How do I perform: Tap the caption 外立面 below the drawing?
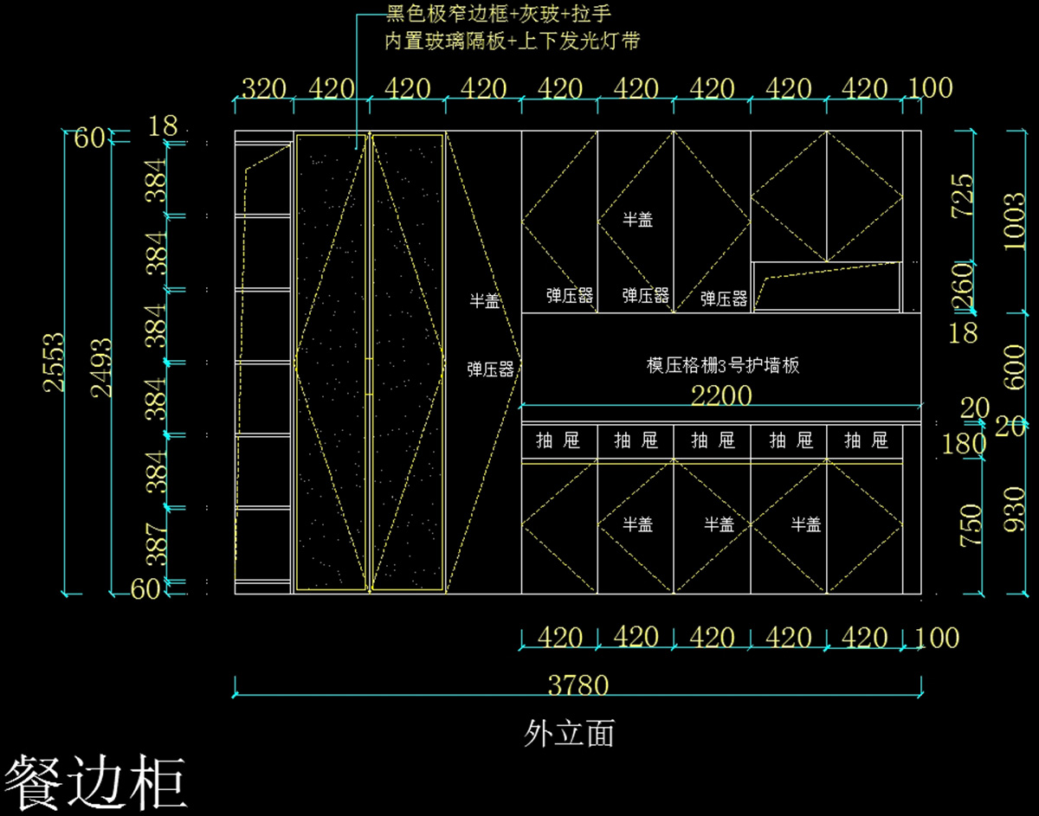(570, 734)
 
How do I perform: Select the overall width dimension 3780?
(578, 685)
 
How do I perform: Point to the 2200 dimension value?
(721, 395)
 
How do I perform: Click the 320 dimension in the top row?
(263, 89)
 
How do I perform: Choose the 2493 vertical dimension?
(102, 367)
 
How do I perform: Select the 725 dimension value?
(962, 197)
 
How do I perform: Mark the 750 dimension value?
(971, 525)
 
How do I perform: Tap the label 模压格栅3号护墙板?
(723, 365)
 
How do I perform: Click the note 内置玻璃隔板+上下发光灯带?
(513, 41)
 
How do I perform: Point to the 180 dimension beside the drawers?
(965, 444)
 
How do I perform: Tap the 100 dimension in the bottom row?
(937, 639)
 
